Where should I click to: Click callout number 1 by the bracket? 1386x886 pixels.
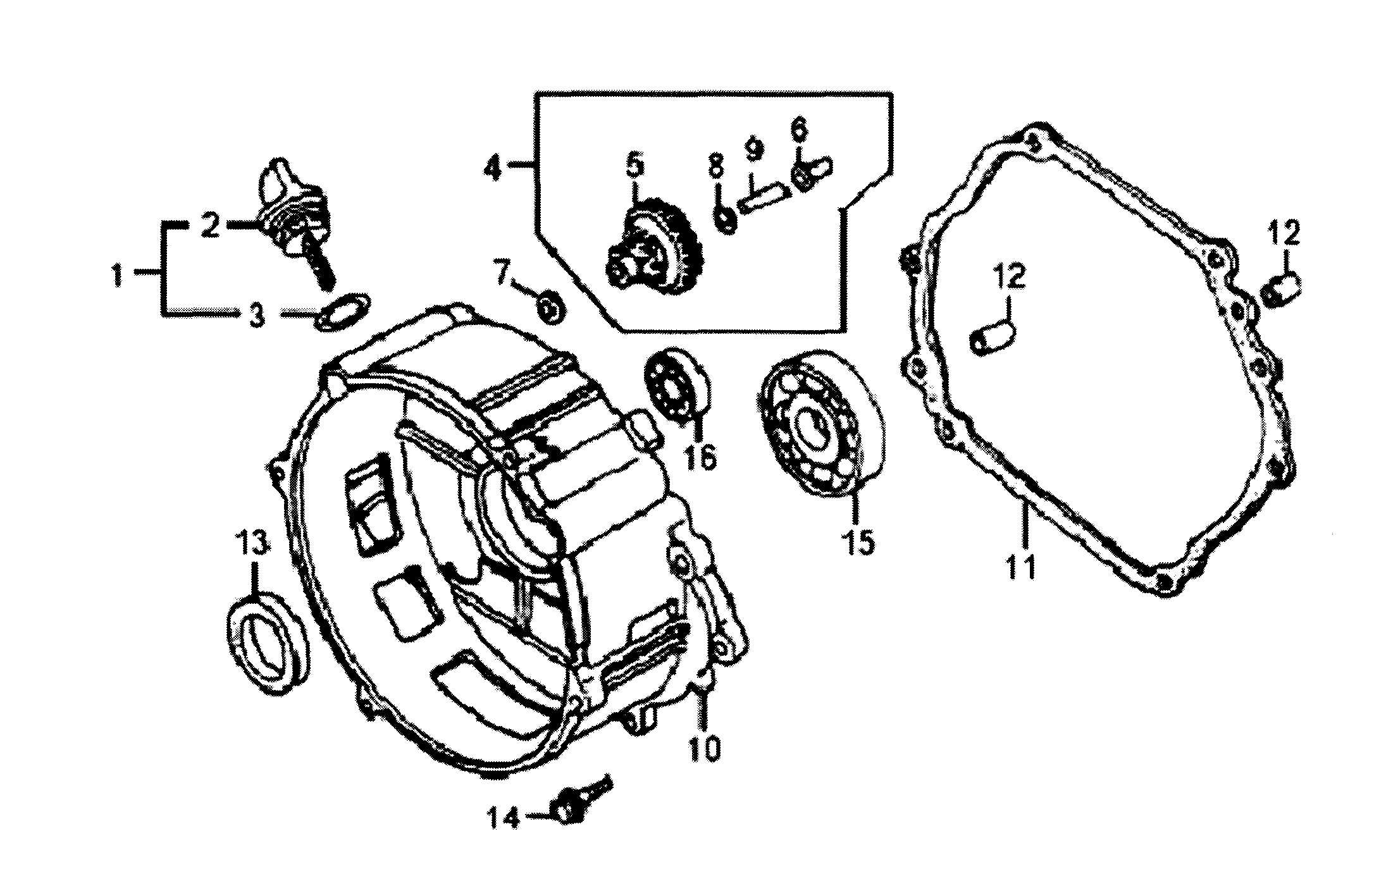pyautogui.click(x=117, y=276)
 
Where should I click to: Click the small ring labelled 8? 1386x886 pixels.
pyautogui.click(x=724, y=220)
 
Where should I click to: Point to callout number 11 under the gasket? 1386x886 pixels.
pyautogui.click(x=1021, y=565)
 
